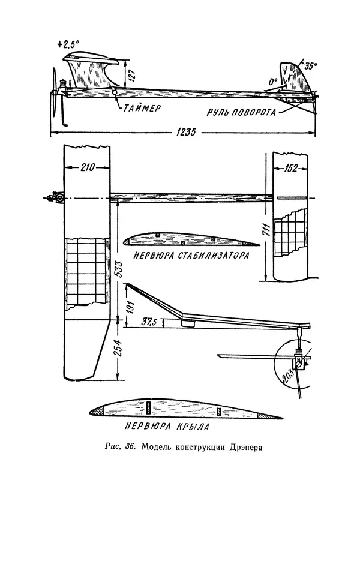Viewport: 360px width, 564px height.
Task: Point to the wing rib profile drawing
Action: [180, 408]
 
